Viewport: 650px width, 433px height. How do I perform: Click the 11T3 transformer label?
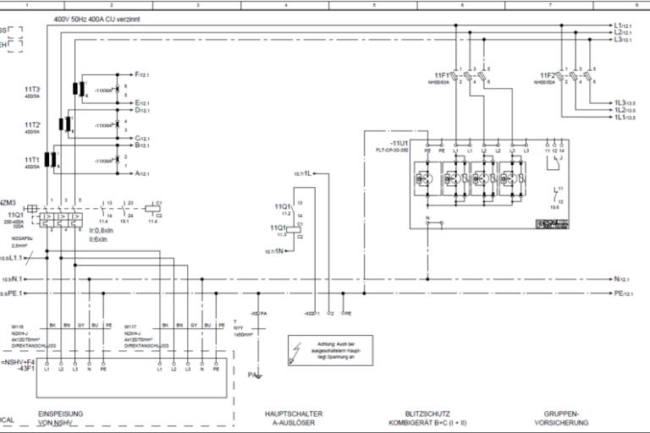pyautogui.click(x=32, y=89)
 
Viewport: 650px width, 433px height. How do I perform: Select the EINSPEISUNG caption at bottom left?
pyautogui.click(x=59, y=414)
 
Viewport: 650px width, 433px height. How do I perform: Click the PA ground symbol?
pyautogui.click(x=254, y=374)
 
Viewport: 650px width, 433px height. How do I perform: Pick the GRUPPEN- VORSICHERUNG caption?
pyautogui.click(x=562, y=418)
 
